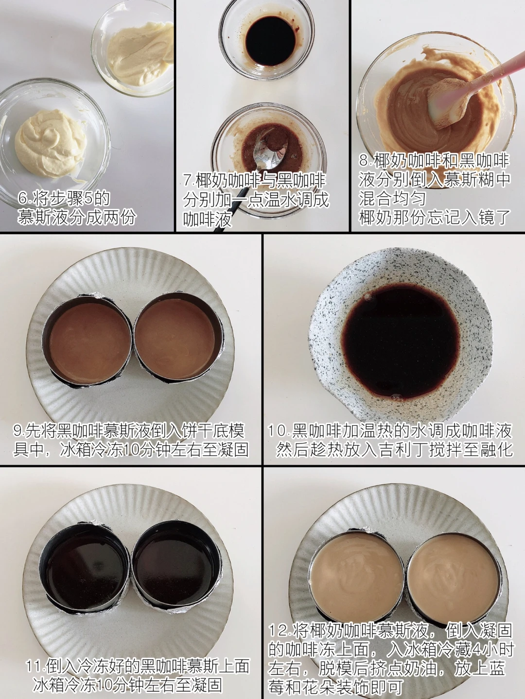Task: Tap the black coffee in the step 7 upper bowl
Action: [x=271, y=41]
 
